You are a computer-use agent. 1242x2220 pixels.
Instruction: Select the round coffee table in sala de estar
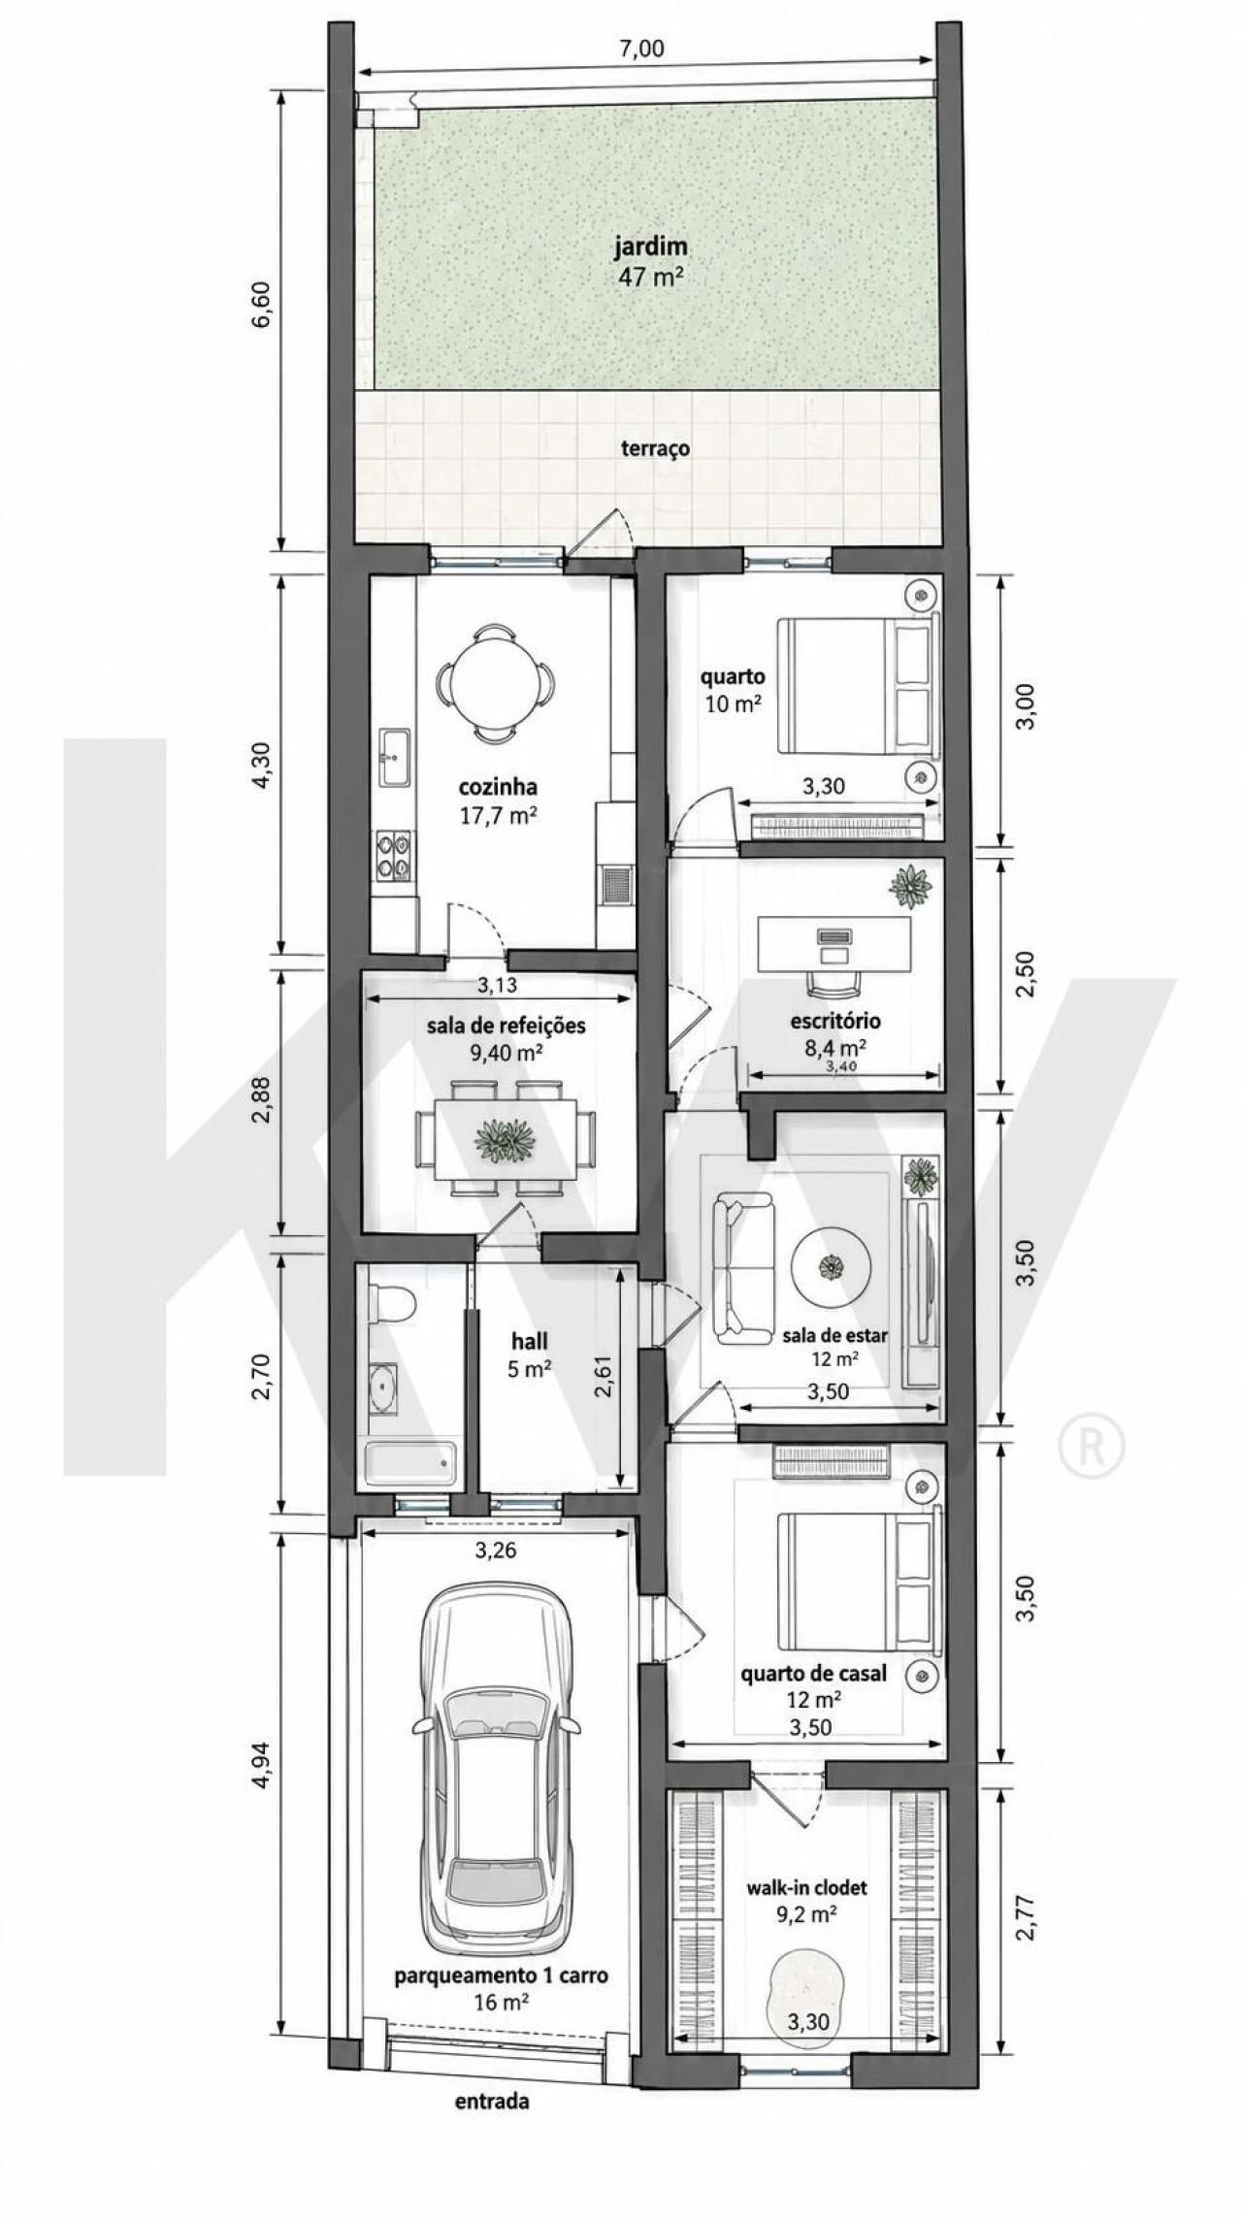(831, 1268)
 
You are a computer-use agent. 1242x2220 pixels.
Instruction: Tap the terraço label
(656, 448)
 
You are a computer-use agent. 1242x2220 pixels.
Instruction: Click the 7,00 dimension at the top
(642, 49)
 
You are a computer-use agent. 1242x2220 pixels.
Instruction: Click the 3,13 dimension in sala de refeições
(498, 984)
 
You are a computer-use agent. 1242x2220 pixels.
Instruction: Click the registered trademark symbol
(1091, 1448)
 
